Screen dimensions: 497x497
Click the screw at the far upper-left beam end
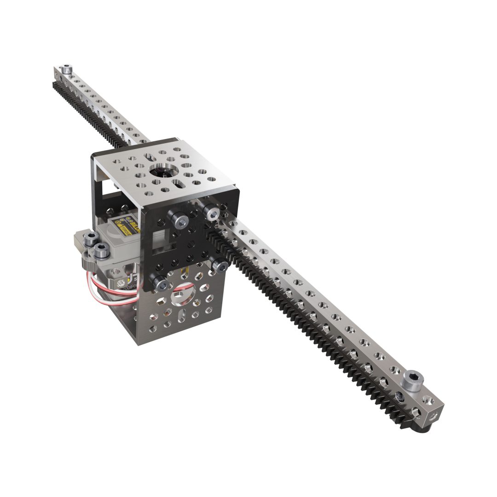[x=67, y=69]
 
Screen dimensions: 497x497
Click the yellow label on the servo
[x=132, y=229]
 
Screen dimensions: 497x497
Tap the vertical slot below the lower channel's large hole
[x=181, y=318]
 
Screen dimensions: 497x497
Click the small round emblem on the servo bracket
[x=121, y=282]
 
